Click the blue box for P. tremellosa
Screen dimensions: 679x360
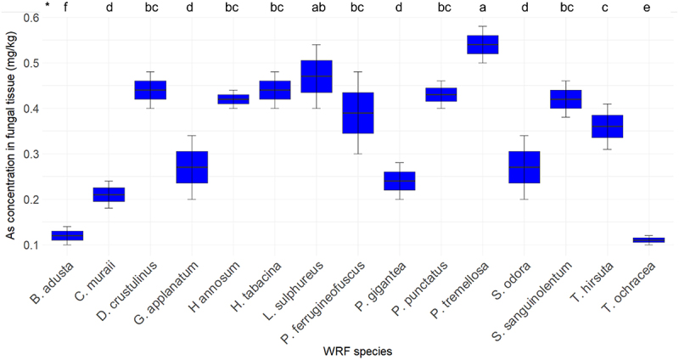(x=482, y=45)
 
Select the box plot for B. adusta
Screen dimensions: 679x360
(x=67, y=236)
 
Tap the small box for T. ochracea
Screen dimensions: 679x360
(x=648, y=240)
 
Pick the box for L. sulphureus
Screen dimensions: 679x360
(x=316, y=76)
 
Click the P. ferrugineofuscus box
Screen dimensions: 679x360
(x=357, y=113)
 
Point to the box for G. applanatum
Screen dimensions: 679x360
(x=192, y=167)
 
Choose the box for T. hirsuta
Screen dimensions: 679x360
(x=607, y=127)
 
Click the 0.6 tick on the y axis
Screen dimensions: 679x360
(x=31, y=17)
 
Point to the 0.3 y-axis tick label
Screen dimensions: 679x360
(x=31, y=155)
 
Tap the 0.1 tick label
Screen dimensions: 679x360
(x=31, y=245)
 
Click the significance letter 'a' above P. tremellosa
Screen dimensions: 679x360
(x=483, y=8)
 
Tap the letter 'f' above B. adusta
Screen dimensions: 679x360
(x=66, y=7)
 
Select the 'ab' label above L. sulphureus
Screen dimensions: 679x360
(x=319, y=7)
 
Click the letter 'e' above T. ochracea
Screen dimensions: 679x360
(x=647, y=8)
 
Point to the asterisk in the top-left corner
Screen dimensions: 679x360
(x=48, y=6)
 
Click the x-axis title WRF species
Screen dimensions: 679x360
(x=357, y=351)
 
